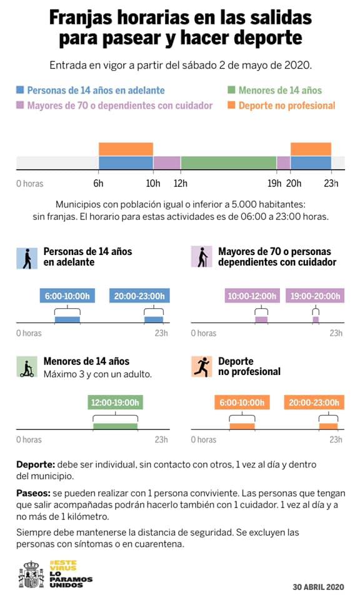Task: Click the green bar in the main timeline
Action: (x=229, y=162)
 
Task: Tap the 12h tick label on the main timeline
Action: (x=181, y=183)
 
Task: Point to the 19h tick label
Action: (x=274, y=183)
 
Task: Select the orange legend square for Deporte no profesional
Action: (x=231, y=105)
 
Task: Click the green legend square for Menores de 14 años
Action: (x=231, y=90)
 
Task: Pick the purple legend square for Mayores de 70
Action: (x=20, y=105)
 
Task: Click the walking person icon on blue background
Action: (x=27, y=258)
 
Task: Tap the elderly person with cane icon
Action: (x=202, y=257)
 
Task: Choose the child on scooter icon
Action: (x=27, y=367)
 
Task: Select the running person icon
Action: (x=202, y=367)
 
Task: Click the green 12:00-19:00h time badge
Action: (x=115, y=402)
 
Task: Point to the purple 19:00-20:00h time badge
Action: (x=315, y=296)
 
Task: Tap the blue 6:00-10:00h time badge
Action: (x=67, y=296)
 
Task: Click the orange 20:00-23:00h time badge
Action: (x=314, y=402)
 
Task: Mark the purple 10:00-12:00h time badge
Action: (x=252, y=296)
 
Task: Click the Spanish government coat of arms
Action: (x=31, y=575)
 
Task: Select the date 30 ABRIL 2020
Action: (x=318, y=587)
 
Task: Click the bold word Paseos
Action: (x=33, y=493)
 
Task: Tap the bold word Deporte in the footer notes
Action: (x=36, y=464)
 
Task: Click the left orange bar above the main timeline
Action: (x=126, y=149)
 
